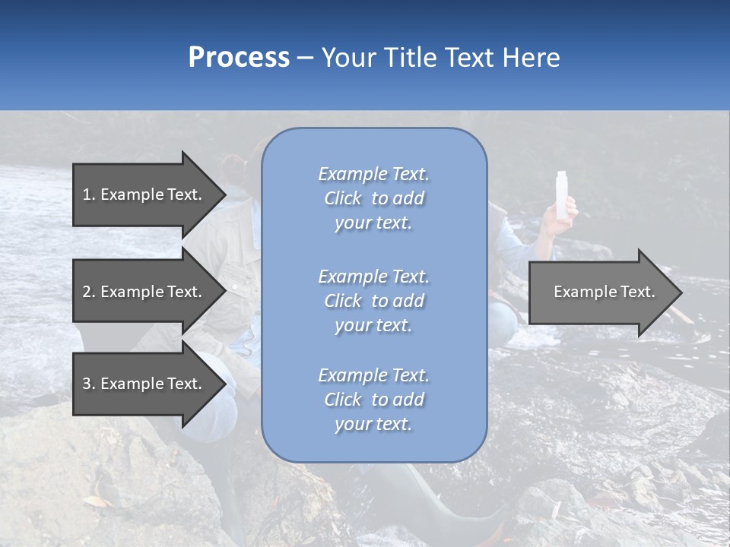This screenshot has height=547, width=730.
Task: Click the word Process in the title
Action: (239, 58)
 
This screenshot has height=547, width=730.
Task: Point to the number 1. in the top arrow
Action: (89, 194)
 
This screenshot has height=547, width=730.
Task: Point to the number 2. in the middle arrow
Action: (89, 292)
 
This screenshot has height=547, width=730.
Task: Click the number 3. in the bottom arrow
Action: (89, 384)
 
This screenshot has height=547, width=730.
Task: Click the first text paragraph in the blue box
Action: (373, 198)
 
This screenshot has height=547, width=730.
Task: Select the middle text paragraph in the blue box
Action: (373, 301)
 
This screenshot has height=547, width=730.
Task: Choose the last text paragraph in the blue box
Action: (373, 400)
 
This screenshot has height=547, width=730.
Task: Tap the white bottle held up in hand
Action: (563, 195)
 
